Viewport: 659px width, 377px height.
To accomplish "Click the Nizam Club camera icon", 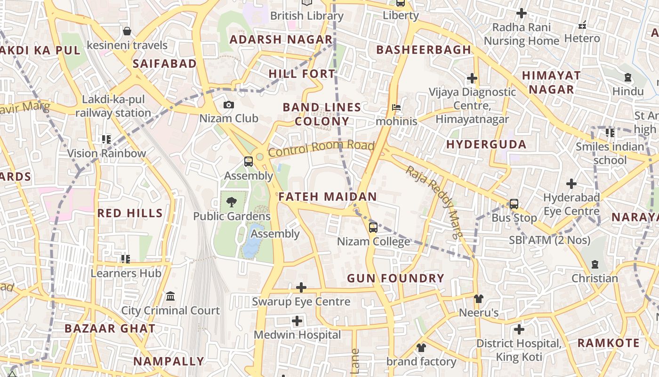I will [229, 105].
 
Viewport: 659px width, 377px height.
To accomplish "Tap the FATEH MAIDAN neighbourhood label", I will [328, 197].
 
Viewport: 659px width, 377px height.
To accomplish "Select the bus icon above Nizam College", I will [373, 228].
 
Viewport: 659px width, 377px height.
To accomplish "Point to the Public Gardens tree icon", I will [231, 203].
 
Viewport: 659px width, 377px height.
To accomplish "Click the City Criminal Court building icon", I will [170, 296].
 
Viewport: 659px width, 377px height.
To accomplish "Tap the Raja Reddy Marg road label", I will [435, 202].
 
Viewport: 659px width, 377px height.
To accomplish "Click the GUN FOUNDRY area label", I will [395, 279].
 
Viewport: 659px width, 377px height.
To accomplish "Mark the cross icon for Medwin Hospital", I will [297, 321].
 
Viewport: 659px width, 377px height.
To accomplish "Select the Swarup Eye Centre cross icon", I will [301, 287].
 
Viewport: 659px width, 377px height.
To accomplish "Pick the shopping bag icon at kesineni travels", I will [127, 32].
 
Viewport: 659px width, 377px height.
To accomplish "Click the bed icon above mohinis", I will [396, 107].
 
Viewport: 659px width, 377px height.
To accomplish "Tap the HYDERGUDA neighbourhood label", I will [486, 144].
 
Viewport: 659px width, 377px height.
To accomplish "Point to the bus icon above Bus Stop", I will [514, 204].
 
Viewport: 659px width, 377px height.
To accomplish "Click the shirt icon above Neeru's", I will [479, 298].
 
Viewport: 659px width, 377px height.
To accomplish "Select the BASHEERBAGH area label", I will [424, 49].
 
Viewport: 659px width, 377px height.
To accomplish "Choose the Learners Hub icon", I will [126, 259].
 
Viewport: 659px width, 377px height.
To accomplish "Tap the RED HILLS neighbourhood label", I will [130, 213].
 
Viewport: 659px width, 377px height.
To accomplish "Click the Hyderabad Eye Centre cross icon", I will [571, 183].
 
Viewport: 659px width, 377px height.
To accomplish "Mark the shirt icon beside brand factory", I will [421, 348].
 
